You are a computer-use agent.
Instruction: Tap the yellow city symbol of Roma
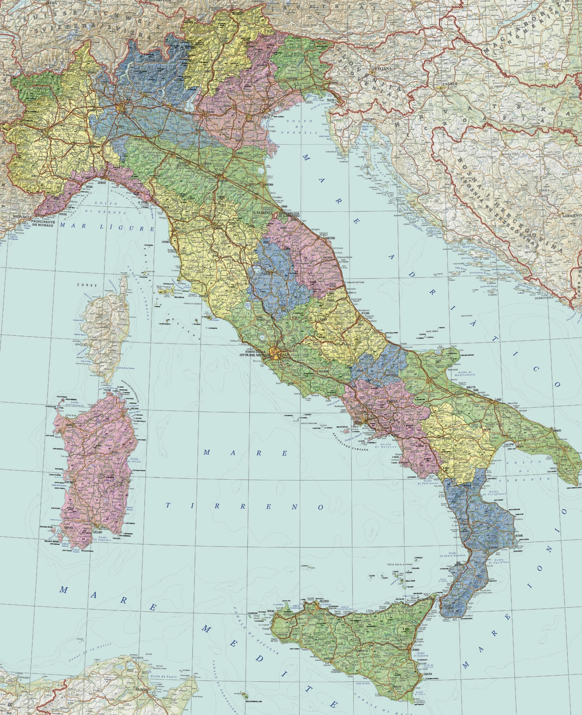273,352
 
